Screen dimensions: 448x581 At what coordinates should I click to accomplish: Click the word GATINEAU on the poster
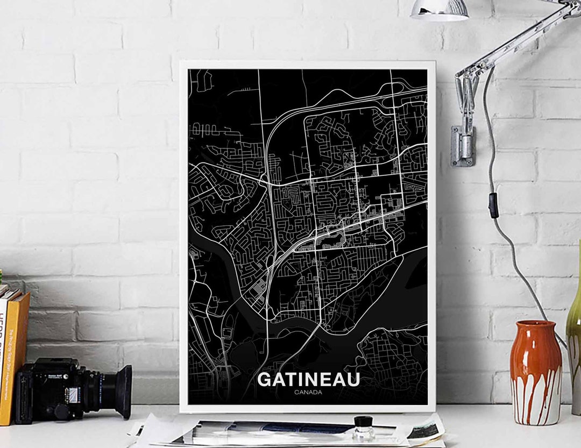pyautogui.click(x=308, y=379)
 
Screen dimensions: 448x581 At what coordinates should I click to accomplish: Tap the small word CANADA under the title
pyautogui.click(x=308, y=392)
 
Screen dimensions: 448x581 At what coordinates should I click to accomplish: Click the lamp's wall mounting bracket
pyautogui.click(x=463, y=146)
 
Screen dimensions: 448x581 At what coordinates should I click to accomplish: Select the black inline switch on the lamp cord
pyautogui.click(x=493, y=205)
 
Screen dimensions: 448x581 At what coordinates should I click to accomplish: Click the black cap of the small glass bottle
pyautogui.click(x=364, y=421)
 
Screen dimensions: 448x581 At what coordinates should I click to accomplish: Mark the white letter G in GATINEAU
pyautogui.click(x=265, y=379)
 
